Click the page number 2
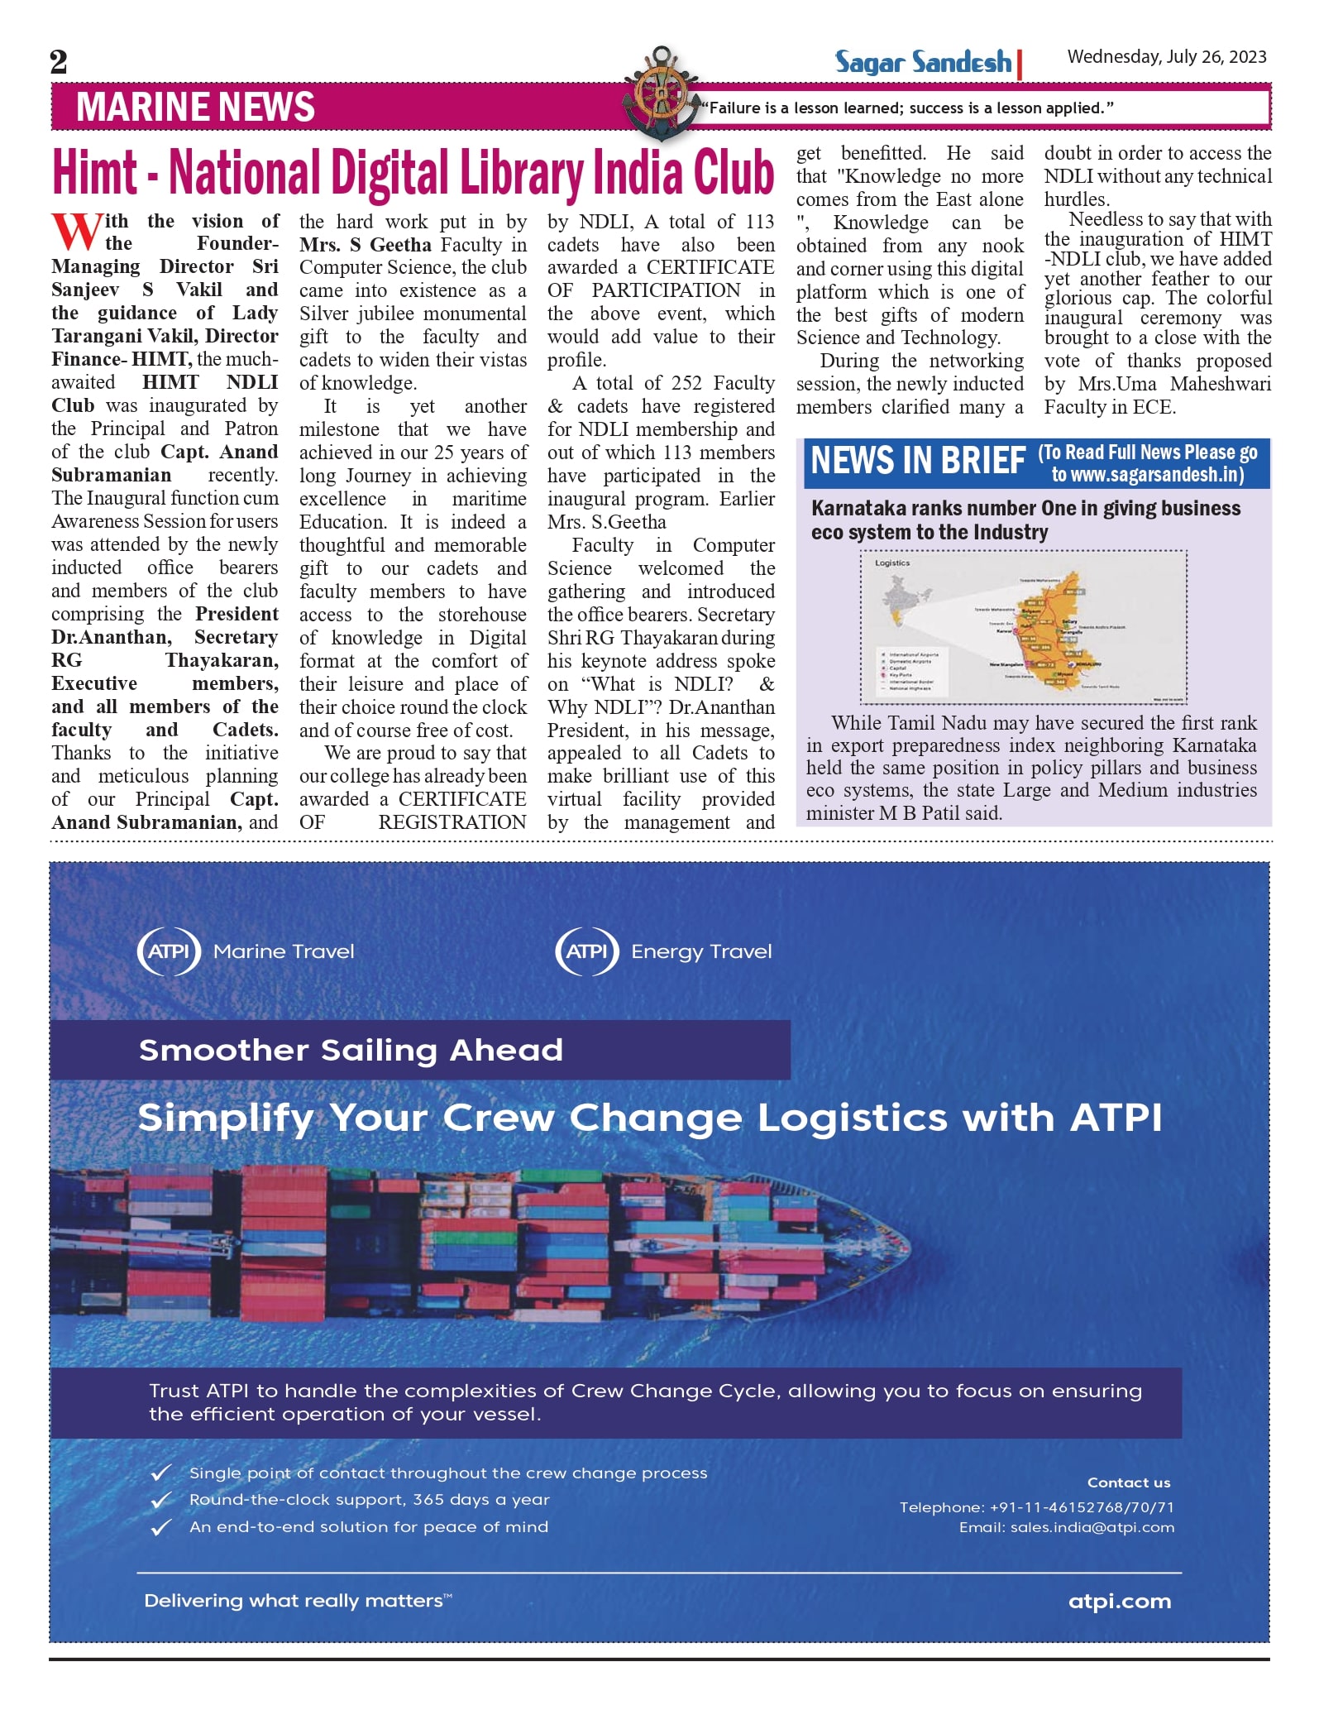click(59, 62)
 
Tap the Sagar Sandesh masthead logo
click(923, 63)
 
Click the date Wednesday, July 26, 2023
click(1166, 57)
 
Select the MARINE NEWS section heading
click(195, 108)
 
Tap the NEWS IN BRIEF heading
click(918, 462)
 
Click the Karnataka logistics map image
click(1024, 627)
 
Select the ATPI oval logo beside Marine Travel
click(169, 951)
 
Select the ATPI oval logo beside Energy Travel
click(587, 951)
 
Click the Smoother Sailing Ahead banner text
click(351, 1051)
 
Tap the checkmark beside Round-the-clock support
click(161, 1500)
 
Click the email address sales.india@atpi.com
click(1092, 1527)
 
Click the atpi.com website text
click(1120, 1601)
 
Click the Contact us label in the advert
click(1129, 1482)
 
